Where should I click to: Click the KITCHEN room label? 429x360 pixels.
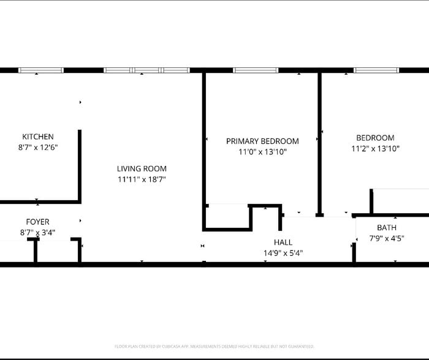38,137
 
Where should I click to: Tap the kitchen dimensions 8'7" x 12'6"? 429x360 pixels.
38,148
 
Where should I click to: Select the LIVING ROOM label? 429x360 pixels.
142,168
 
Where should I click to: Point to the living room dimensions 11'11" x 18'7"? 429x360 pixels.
142,179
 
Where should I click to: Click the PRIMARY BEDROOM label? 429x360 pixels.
262,141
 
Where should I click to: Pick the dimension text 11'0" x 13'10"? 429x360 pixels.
262,152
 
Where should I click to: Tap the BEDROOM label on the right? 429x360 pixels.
375,138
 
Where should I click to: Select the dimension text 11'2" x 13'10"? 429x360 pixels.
375,149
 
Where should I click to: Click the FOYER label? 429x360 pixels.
38,222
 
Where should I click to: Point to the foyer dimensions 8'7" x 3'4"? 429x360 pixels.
38,233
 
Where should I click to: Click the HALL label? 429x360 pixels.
283,242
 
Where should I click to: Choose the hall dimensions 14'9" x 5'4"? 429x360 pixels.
283,253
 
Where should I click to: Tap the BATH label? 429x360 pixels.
386,227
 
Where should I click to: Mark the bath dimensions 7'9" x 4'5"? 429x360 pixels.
386,238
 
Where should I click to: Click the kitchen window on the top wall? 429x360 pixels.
40,70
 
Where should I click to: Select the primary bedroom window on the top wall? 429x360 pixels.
256,70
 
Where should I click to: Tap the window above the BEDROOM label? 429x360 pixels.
376,70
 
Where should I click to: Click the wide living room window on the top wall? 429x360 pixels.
146,70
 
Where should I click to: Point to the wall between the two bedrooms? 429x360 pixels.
319,144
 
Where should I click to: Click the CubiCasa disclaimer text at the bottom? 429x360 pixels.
214,347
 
